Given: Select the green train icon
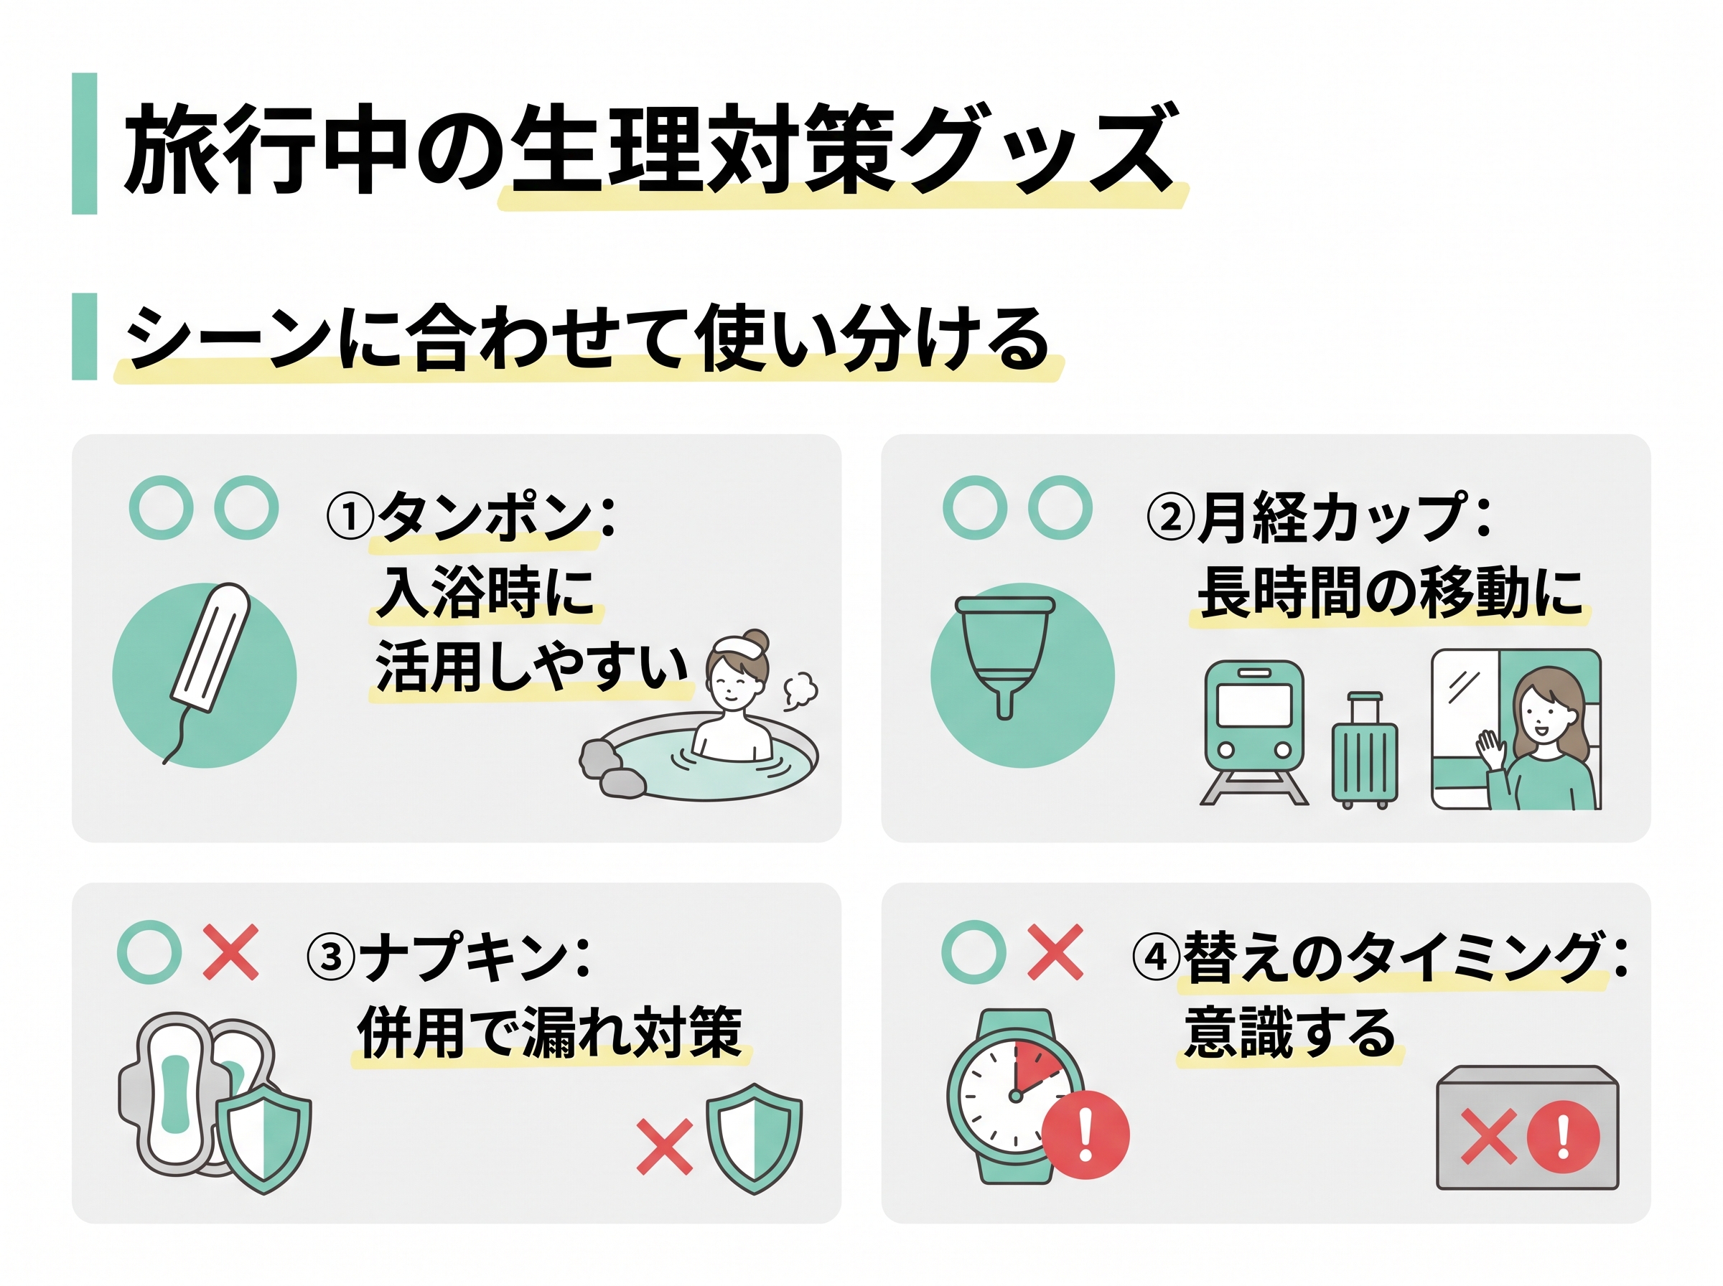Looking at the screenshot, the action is click(x=1253, y=732).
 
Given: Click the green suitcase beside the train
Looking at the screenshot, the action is click(x=1364, y=750).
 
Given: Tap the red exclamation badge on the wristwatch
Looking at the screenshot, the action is click(x=1085, y=1135).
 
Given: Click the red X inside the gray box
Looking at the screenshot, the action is click(x=1488, y=1137).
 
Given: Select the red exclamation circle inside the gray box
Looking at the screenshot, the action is click(x=1563, y=1136).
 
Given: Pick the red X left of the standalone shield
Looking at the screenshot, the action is click(x=664, y=1146).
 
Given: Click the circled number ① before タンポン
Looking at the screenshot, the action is click(x=350, y=517).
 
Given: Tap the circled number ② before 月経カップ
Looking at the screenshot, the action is click(x=1170, y=517).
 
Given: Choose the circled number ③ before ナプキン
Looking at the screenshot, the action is click(x=331, y=957).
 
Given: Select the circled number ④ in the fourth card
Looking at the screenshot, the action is click(x=1156, y=957).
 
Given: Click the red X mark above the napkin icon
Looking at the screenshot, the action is click(x=230, y=952).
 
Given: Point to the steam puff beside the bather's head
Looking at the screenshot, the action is click(x=800, y=689).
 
